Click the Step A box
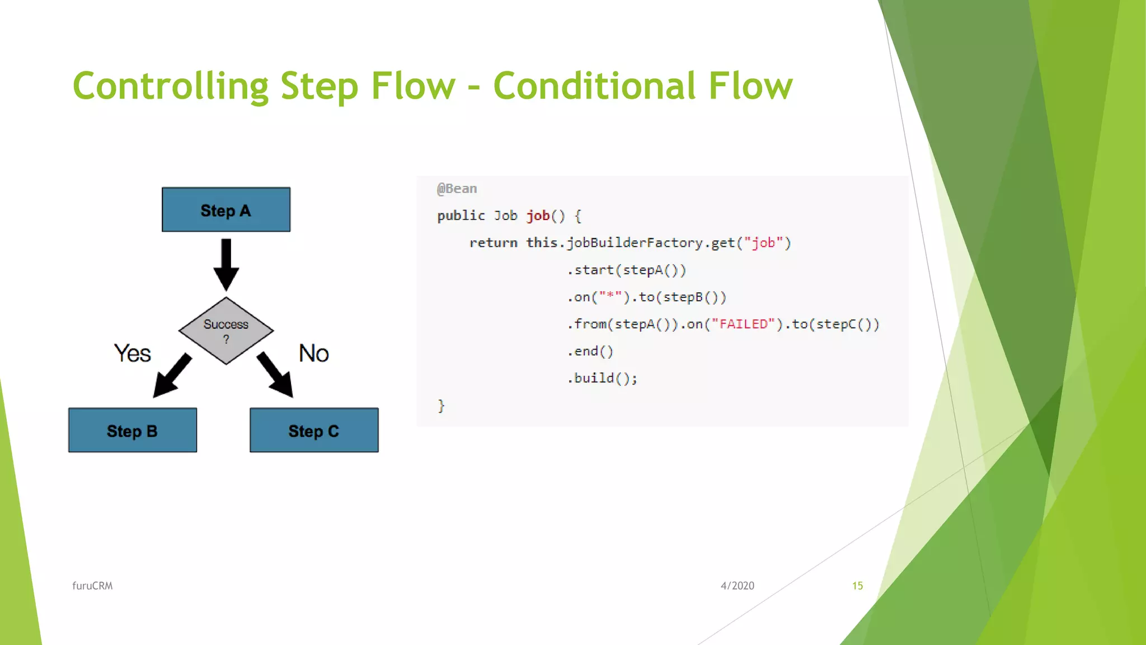coord(226,209)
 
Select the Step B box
coord(133,430)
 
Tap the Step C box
coord(314,430)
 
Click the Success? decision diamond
coord(226,330)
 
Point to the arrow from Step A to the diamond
coord(226,263)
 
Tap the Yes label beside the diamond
coord(133,353)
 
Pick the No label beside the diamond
coord(313,353)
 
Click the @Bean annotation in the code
coord(457,189)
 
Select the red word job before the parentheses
coord(538,216)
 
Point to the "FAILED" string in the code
coord(743,324)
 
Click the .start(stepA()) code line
coord(627,270)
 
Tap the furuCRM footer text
coord(92,586)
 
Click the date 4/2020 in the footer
coord(737,586)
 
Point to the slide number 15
coord(857,586)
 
